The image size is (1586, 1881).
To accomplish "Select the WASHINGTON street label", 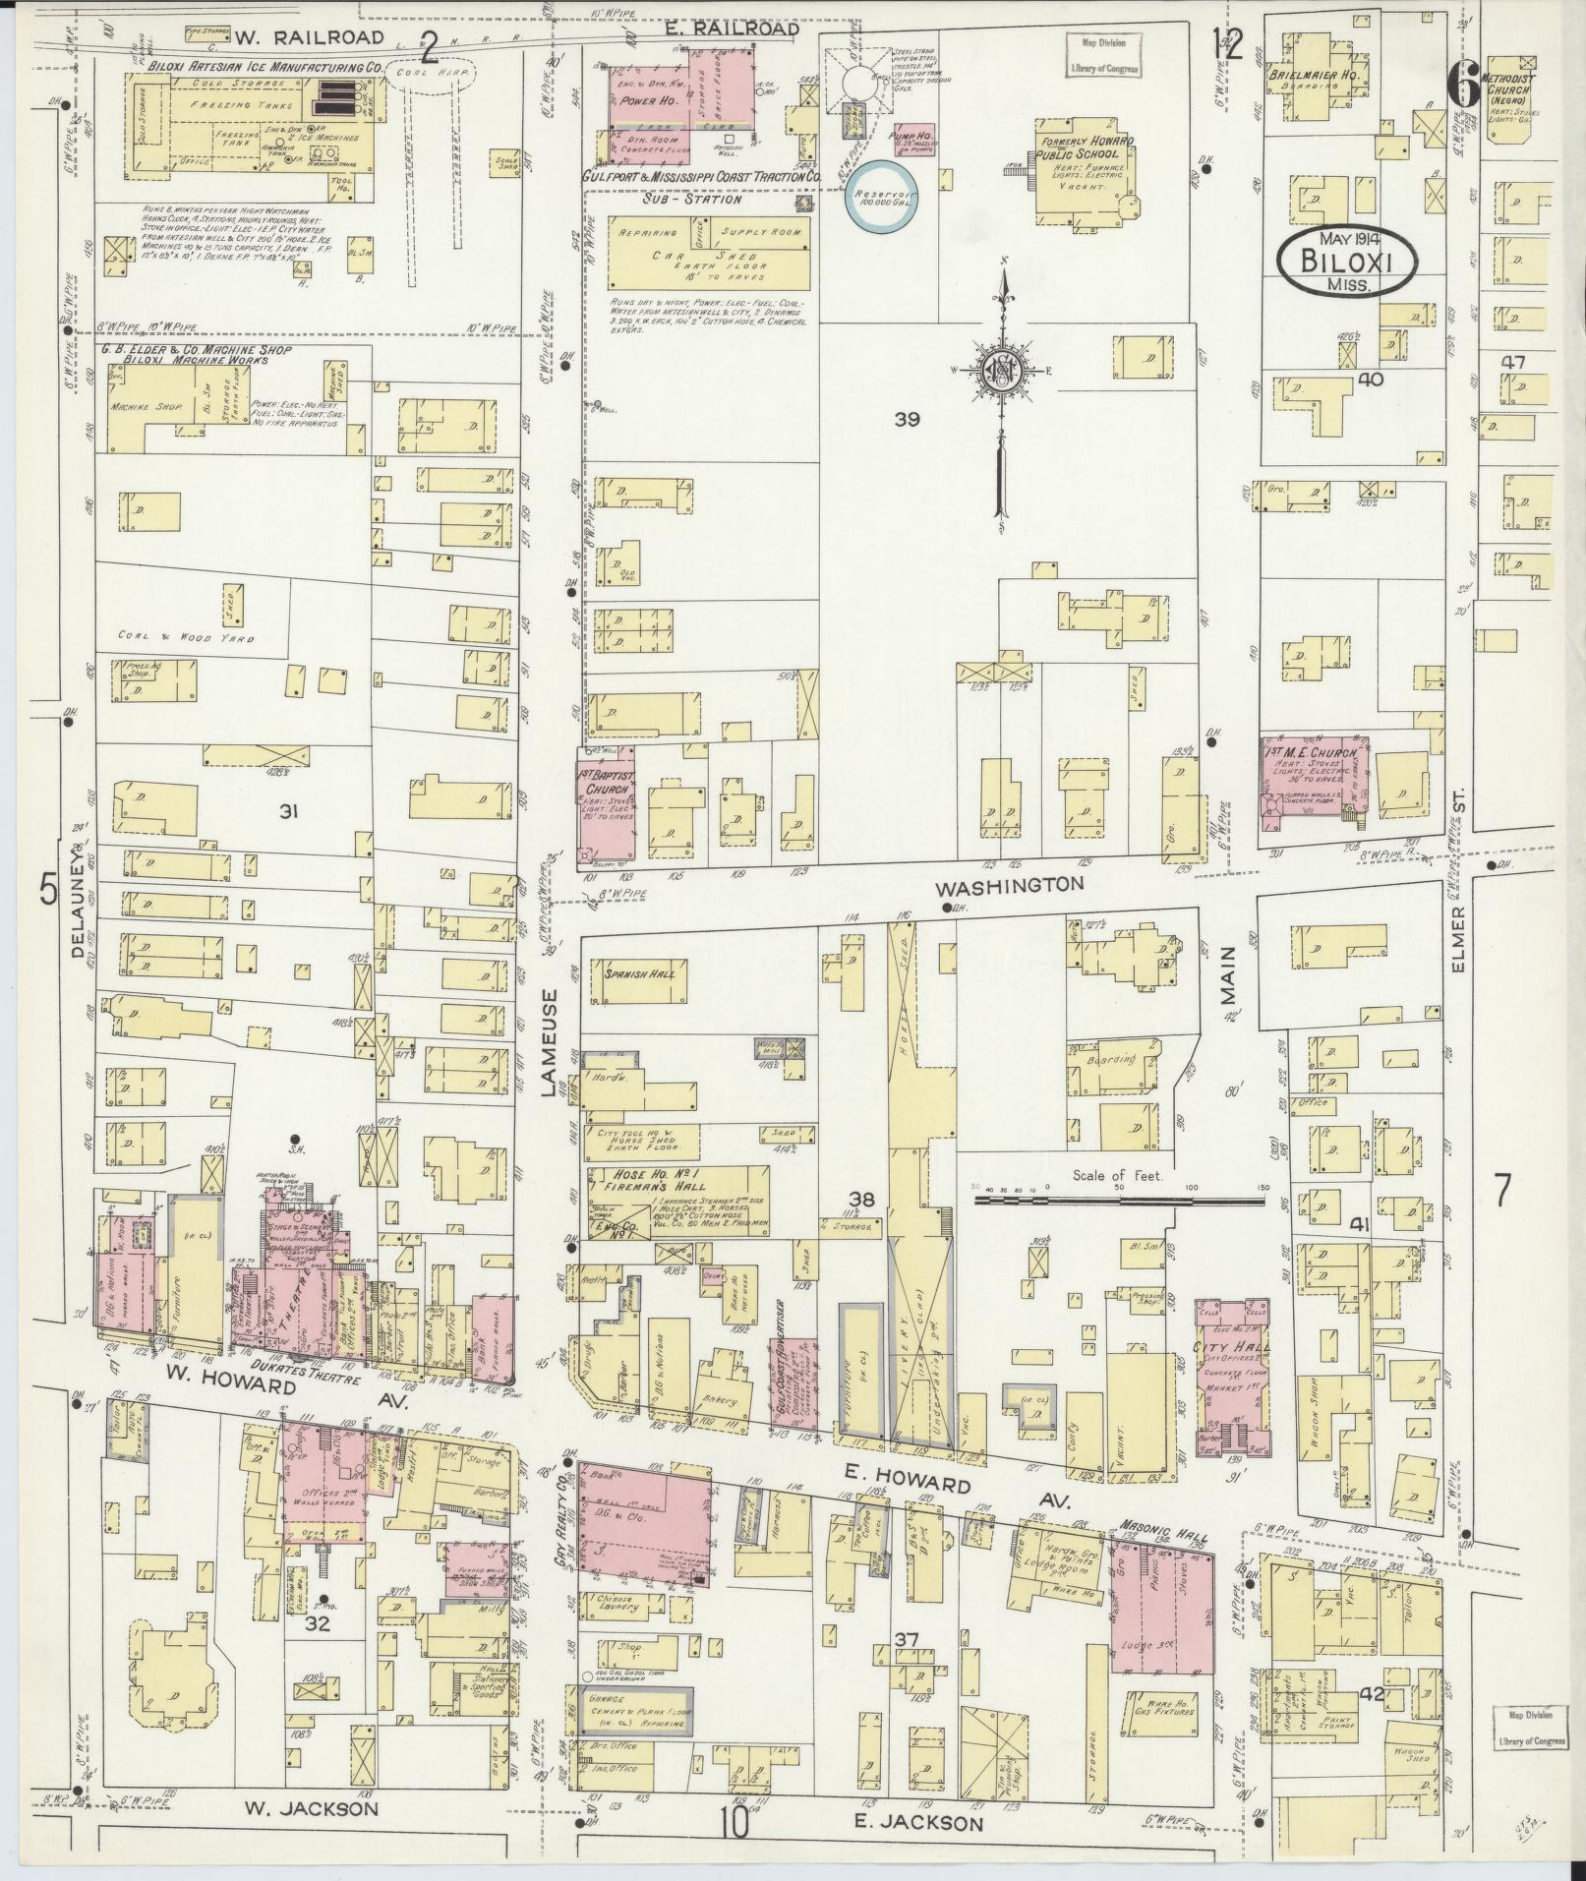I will coord(1009,885).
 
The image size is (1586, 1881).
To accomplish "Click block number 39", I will coord(906,419).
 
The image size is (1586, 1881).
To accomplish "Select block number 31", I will coord(288,811).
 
